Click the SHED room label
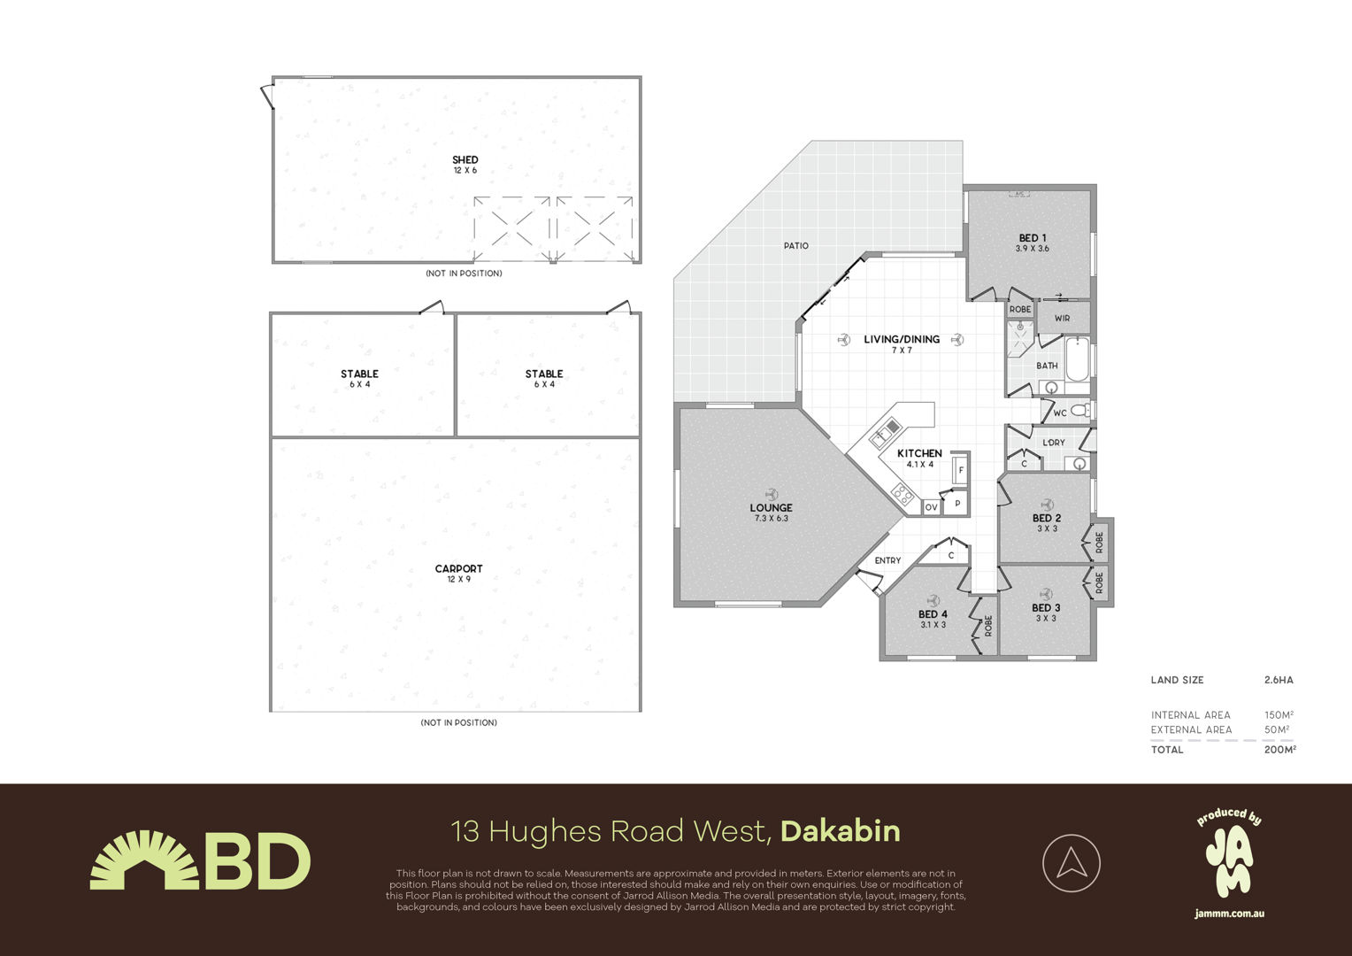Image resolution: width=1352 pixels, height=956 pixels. tap(465, 160)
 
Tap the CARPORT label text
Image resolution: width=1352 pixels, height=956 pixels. tap(458, 569)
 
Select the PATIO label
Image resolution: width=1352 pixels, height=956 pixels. tap(796, 246)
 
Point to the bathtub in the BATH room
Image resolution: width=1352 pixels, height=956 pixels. tap(1078, 359)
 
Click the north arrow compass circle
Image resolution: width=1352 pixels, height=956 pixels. tap(1072, 863)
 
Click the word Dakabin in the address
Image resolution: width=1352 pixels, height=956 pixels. tap(841, 831)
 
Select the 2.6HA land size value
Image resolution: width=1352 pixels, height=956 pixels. tap(1279, 680)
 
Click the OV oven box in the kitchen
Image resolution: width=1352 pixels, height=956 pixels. tap(932, 507)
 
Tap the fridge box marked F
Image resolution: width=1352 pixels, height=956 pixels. tap(961, 470)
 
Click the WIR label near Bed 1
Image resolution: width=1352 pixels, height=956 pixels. tap(1063, 319)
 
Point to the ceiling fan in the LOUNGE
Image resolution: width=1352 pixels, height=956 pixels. tap(771, 494)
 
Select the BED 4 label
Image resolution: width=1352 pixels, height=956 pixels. tap(933, 614)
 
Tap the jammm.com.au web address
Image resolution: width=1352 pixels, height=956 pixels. tap(1230, 914)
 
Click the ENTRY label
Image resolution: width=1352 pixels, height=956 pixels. tap(887, 560)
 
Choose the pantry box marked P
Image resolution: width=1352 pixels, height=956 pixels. tap(956, 503)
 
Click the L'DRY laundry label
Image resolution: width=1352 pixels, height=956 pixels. tap(1054, 443)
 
